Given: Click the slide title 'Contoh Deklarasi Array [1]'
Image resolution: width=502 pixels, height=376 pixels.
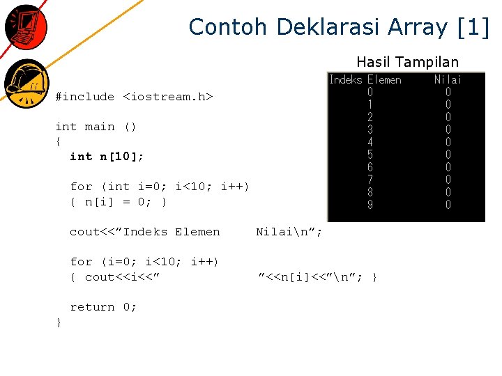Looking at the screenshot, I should pos(339,27).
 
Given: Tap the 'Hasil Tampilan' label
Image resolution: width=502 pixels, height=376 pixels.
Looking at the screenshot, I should pos(407,62).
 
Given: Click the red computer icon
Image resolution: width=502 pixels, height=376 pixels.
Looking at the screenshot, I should pos(25,26).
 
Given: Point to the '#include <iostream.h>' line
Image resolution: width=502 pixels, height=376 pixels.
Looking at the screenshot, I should pos(134,97).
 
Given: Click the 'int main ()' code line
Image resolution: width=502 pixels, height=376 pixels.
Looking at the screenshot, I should pos(96,127).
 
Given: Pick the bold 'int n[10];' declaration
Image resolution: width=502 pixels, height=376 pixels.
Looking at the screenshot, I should pos(107,157).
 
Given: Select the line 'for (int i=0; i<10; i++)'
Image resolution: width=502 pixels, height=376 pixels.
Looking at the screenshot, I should pos(159,187).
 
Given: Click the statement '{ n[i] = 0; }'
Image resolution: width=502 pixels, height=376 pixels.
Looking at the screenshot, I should pos(118,202).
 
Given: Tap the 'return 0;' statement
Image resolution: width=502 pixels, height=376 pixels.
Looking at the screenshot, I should pos(103,307).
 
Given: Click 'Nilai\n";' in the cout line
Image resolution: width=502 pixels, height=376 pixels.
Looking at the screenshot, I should pos(289,232).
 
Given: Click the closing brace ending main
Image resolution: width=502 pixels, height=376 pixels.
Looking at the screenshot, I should pos(59,322).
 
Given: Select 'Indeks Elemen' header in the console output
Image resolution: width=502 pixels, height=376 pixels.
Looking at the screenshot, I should pos(365,80).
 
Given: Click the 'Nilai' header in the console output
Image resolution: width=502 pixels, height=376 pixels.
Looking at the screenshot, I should pos(448,80).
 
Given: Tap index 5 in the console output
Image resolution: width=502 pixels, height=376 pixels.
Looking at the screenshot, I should pos(370,155).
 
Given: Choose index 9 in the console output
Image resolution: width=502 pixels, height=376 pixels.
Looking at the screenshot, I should pos(370,205).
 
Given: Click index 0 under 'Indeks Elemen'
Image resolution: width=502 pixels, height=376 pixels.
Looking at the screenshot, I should pos(370,92).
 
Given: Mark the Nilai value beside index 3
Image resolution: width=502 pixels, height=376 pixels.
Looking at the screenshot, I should pos(448,130).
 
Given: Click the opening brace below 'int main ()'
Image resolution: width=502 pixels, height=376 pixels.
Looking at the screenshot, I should pos(59,141).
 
